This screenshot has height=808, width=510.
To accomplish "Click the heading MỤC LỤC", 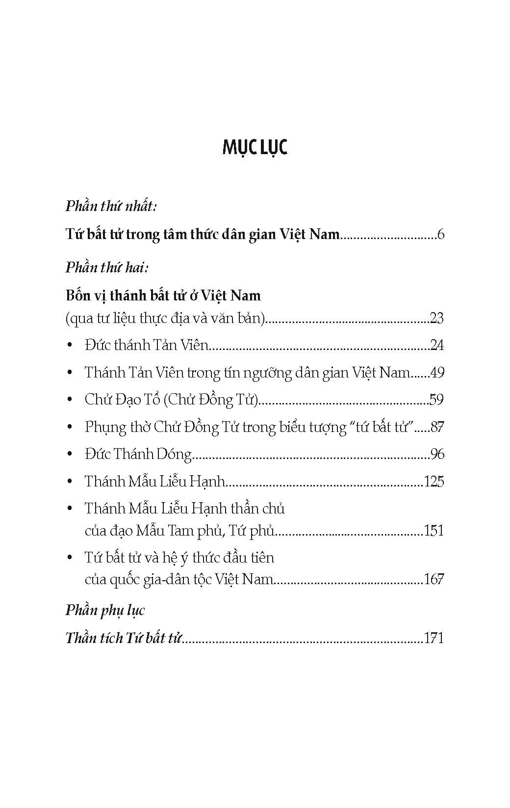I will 255,147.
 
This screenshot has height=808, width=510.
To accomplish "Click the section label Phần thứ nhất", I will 111,206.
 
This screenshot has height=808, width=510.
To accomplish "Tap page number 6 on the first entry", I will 440,234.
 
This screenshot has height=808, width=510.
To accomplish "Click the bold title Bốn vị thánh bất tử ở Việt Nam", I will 163,296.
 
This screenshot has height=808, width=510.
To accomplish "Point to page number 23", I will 436,319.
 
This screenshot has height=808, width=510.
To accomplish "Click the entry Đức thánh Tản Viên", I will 147,345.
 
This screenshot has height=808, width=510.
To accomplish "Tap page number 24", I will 436,346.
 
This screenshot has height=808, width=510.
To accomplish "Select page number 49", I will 436,373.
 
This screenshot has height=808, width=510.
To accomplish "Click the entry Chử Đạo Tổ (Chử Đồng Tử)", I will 171,400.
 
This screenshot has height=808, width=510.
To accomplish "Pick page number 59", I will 436,400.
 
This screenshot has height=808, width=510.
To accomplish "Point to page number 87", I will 436,427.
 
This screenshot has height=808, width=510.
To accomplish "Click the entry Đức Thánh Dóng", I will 138,454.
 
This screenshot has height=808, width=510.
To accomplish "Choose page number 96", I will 436,454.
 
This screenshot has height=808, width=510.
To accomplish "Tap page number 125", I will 433,481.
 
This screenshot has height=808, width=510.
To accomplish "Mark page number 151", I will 433,531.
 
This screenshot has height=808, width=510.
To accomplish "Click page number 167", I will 433,579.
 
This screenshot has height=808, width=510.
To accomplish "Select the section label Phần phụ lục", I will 105,610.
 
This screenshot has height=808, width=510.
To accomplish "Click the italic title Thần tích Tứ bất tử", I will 124,638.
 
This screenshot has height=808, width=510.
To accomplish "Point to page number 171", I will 433,638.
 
